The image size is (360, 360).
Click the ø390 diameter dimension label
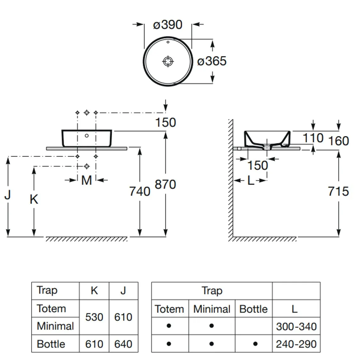(168, 25)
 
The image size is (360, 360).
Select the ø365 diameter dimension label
(212, 61)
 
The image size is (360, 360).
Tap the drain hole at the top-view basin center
(168, 61)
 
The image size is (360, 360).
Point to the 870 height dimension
(165, 185)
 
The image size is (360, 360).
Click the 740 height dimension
(140, 191)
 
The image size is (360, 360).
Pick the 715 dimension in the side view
(338, 191)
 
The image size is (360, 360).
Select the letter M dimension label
(86, 180)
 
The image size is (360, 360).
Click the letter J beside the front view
(8, 194)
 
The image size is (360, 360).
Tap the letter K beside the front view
(34, 199)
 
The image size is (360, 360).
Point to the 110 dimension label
(313, 138)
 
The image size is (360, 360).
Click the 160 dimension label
(339, 141)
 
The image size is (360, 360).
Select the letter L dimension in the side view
(251, 181)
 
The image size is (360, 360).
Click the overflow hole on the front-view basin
(87, 136)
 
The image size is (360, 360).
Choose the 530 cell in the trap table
(94, 317)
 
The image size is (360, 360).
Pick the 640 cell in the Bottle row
(123, 344)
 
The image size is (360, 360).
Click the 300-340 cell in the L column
(296, 326)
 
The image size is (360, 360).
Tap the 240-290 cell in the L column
(296, 344)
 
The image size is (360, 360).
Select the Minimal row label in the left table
(55, 326)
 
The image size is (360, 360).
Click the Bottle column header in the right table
(253, 309)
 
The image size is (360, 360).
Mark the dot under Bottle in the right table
(255, 344)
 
